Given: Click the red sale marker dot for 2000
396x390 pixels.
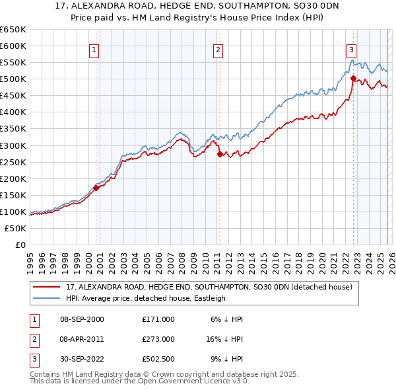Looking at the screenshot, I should point(96,188).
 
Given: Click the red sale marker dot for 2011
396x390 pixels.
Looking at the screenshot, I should point(220,154).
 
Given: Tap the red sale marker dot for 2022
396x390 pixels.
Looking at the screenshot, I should point(353,78).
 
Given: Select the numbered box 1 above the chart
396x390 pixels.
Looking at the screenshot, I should point(94,49).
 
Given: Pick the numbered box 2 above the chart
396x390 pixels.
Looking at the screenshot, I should point(218,49).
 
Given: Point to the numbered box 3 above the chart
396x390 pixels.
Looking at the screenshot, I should point(352,49).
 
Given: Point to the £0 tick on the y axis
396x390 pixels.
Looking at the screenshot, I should point(20,245).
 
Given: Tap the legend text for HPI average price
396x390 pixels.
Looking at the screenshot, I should point(145,298).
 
